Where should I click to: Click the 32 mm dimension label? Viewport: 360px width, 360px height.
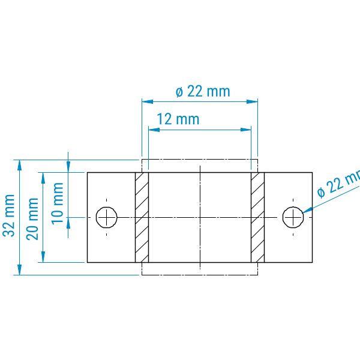click(x=9, y=215)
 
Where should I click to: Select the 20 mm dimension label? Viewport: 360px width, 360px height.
click(x=32, y=219)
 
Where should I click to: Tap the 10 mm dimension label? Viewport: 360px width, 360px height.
click(x=57, y=203)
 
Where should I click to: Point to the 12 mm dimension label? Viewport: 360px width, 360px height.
click(x=178, y=119)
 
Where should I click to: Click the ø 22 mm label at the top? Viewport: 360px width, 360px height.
click(x=203, y=91)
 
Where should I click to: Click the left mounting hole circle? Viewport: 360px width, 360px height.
click(x=107, y=217)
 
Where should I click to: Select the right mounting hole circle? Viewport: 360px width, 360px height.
click(x=293, y=217)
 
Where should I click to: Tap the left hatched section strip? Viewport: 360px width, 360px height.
click(x=142, y=217)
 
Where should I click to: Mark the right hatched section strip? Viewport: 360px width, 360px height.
click(x=257, y=217)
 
